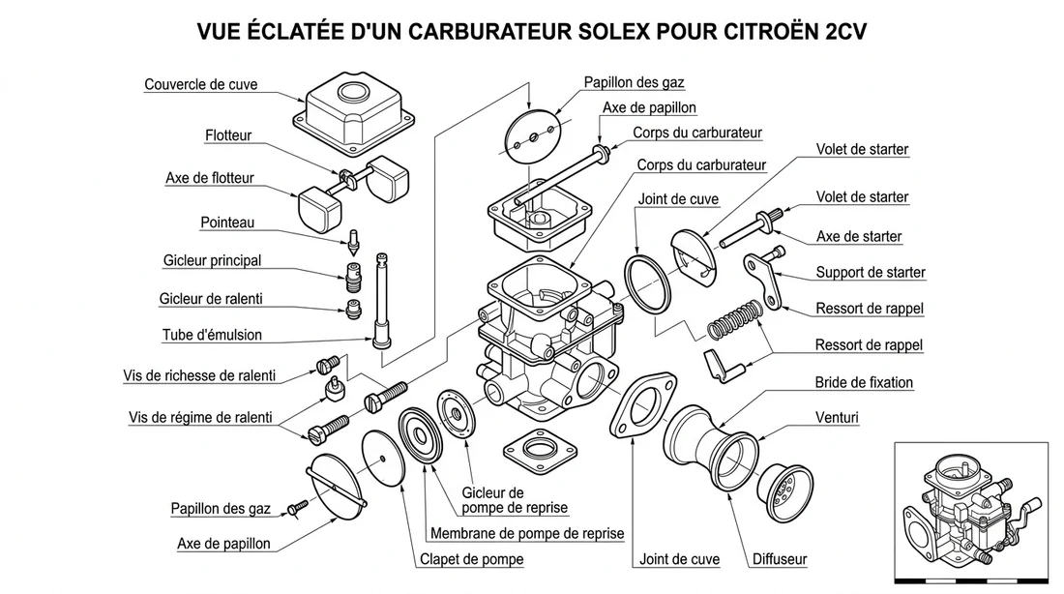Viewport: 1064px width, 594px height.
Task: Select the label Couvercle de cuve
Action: tap(201, 84)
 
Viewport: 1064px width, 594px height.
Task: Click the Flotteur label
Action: tap(228, 135)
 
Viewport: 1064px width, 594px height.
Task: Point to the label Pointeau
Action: tap(227, 223)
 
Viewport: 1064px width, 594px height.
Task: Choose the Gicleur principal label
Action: tap(212, 260)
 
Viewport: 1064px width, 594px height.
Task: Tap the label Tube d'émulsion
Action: tap(212, 335)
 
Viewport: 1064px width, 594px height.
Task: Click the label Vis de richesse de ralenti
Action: tap(199, 375)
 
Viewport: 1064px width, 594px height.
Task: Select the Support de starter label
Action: tap(871, 272)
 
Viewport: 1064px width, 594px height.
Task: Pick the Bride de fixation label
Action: tap(864, 382)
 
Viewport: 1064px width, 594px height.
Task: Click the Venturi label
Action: tap(838, 418)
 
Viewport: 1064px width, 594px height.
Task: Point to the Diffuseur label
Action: tap(780, 559)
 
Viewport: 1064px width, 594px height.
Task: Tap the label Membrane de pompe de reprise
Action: tap(527, 533)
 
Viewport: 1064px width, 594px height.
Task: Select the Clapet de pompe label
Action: tap(471, 559)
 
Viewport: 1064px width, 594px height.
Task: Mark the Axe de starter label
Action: tap(859, 236)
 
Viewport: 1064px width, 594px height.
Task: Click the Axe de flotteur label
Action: tap(210, 178)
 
